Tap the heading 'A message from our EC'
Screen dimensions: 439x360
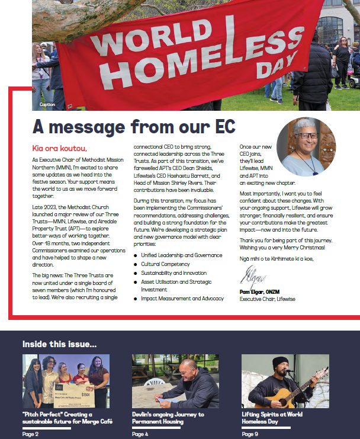pos(134,126)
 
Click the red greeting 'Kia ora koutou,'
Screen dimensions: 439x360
pos(59,148)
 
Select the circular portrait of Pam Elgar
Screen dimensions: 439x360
pos(306,146)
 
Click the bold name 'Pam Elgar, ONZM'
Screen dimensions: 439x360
pos(263,292)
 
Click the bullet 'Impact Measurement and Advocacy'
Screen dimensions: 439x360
pos(182,299)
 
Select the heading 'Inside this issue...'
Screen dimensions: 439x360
pos(60,344)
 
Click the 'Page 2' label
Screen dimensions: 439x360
pos(31,434)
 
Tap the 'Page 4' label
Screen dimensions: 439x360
pos(140,434)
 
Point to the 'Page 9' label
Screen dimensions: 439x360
pos(250,434)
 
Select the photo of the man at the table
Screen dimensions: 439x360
pos(175,381)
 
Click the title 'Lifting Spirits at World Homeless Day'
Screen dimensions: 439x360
pos(272,418)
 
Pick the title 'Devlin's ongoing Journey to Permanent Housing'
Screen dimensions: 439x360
pos(168,418)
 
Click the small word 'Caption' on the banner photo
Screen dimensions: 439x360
pos(47,105)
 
